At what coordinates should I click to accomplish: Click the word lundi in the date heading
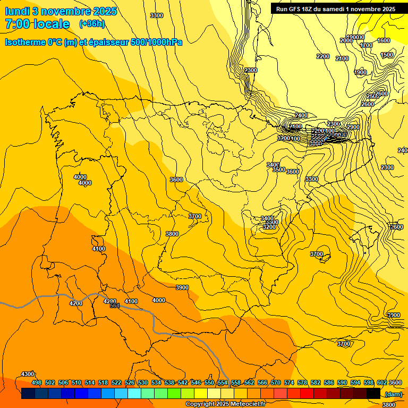coord(17,11)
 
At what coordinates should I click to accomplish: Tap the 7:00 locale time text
coord(37,24)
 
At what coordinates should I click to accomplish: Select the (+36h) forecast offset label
coord(92,24)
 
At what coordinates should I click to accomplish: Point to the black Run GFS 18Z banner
coord(335,9)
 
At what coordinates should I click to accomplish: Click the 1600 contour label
coord(383,41)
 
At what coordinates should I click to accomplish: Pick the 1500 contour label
coord(387,55)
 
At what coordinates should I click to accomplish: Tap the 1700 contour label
coord(366,46)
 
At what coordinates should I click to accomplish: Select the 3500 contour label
coord(279,170)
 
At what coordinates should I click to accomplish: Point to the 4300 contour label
coord(28,375)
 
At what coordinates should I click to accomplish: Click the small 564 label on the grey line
coord(115,305)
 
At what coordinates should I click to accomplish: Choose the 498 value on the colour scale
coord(37,382)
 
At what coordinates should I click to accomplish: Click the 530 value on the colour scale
coord(143,382)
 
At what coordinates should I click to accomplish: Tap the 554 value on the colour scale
coord(223,382)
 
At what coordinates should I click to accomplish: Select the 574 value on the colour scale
coord(289,382)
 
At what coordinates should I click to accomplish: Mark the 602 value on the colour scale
coord(381,382)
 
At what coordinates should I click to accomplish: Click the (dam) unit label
coord(393,394)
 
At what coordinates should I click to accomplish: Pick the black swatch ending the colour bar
coord(373,394)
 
